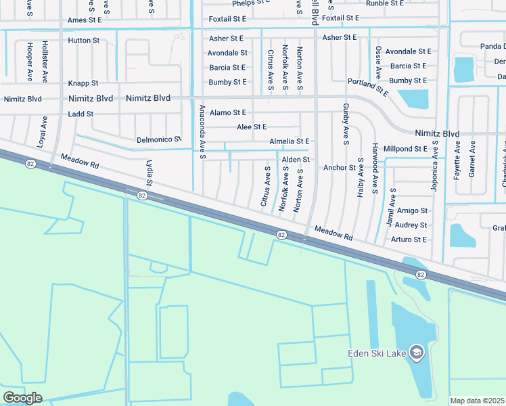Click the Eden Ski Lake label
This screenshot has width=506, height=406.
(375, 353)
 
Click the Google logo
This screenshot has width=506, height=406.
(22, 398)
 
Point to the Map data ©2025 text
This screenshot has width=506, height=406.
(477, 401)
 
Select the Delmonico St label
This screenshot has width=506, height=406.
(160, 139)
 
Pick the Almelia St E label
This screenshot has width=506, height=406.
(289, 141)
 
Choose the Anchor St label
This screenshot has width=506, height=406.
(340, 167)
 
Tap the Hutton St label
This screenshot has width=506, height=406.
(83, 41)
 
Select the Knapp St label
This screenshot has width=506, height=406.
(83, 83)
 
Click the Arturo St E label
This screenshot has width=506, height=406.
(409, 240)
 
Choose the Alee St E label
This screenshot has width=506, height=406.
(252, 127)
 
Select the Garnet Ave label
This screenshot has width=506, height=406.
(472, 158)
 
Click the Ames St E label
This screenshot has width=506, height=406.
(85, 20)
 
